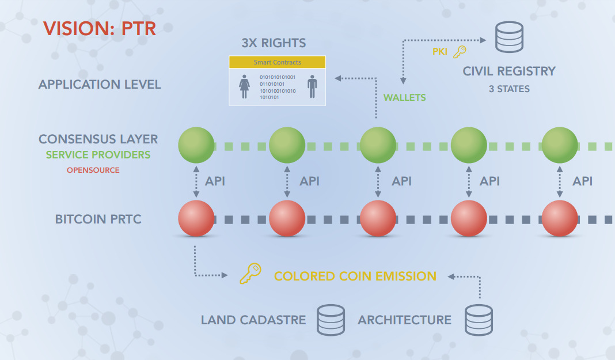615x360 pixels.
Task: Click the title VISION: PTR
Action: [x=100, y=29]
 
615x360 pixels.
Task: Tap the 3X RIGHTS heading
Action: [x=274, y=43]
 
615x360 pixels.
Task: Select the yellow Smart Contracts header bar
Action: [x=277, y=62]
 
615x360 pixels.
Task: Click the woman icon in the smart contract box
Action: [x=244, y=86]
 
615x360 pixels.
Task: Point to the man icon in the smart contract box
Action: [x=312, y=86]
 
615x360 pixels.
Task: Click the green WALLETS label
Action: [x=404, y=97]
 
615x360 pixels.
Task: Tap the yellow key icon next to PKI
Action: [x=460, y=52]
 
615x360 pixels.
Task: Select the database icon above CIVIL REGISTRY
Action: [x=508, y=37]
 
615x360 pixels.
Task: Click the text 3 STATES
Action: [x=508, y=89]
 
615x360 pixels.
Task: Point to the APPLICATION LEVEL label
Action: [x=100, y=85]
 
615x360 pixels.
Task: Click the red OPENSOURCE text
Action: [x=93, y=170]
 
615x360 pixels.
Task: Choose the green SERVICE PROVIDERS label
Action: [x=98, y=155]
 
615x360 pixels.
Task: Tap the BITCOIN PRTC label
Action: [x=98, y=219]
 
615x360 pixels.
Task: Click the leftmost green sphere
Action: [x=196, y=146]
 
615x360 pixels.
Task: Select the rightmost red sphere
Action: [x=559, y=219]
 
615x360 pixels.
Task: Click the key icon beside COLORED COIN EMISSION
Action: [x=250, y=274]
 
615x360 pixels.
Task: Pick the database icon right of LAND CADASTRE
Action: [x=331, y=320]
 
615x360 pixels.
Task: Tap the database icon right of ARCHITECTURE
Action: [x=479, y=320]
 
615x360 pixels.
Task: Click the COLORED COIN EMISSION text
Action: [x=355, y=276]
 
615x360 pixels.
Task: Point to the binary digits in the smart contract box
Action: [x=277, y=87]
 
